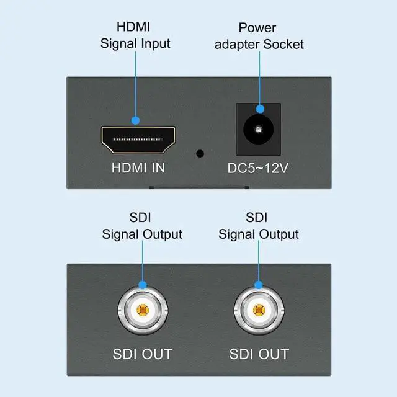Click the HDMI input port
pos(138,140)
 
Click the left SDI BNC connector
pos(143,310)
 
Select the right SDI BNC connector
pos(259,310)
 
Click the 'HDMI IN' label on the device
pos(138,167)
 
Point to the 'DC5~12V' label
pos(257,167)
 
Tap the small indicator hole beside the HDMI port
pos(200,153)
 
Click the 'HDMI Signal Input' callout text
pos(135,36)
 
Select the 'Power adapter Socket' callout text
pos(257,36)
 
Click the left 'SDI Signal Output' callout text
pos(142,226)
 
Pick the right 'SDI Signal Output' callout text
pos(258,226)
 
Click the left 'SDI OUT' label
pos(142,354)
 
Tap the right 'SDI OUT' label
pos(259,354)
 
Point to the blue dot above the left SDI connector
pos(143,285)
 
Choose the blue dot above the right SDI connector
pos(259,285)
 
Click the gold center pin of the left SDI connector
pos(143,310)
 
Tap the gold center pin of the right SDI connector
pos(259,310)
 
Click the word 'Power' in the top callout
pos(257,28)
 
